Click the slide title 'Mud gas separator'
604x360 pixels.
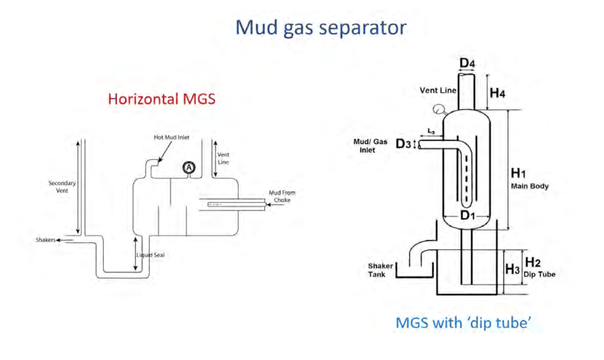(x=320, y=27)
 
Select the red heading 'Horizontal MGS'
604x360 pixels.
(x=161, y=98)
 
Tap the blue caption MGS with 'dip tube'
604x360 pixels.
(x=465, y=323)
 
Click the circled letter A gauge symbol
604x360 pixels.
(x=189, y=167)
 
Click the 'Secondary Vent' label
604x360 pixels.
(x=62, y=187)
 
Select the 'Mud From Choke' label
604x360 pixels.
(x=282, y=196)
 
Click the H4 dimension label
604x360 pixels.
(x=498, y=93)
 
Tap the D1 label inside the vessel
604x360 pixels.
(x=468, y=215)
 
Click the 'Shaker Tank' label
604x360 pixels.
(x=381, y=270)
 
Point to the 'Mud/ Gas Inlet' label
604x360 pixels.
(x=370, y=146)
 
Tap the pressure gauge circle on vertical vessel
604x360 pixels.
(x=438, y=108)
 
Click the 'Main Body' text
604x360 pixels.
(x=529, y=186)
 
